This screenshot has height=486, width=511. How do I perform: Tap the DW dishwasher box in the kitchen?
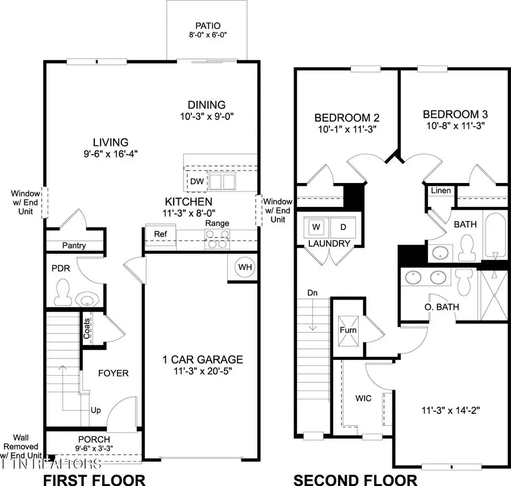196,181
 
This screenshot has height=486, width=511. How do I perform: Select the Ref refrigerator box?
153,234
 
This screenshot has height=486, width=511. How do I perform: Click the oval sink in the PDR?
87,299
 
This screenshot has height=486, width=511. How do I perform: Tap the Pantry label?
74,246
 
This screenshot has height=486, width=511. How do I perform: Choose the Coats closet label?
87,331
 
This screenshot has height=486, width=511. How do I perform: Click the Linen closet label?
441,190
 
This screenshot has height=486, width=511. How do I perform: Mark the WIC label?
364,398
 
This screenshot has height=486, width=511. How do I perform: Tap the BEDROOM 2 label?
347,118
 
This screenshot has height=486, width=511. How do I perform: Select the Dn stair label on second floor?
312,293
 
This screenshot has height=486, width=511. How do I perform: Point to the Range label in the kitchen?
217,223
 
